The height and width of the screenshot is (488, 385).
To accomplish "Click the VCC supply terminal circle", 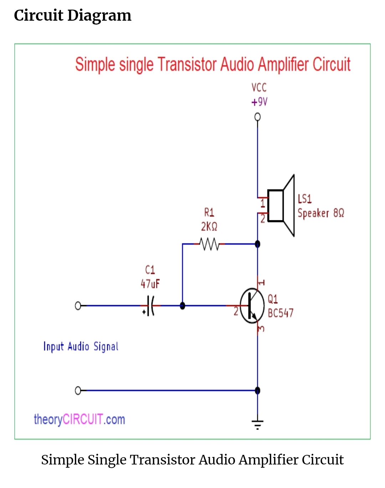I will [257, 117].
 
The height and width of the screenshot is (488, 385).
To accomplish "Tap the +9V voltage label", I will [259, 102].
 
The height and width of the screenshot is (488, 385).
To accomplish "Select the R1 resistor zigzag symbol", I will [209, 244].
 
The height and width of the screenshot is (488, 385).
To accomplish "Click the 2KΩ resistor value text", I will [209, 227].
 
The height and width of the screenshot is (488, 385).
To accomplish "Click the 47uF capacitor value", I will [150, 284].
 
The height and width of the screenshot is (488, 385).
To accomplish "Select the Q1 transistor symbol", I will [252, 306].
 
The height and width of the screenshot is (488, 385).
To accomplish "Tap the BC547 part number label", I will [281, 313].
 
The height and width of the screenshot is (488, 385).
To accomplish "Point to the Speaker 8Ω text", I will [321, 213].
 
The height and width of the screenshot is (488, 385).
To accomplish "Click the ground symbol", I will [257, 424].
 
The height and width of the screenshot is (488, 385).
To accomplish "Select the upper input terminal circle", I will [78, 306].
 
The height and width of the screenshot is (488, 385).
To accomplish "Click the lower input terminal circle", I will [78, 391].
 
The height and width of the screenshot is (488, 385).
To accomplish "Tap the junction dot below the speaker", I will [258, 244].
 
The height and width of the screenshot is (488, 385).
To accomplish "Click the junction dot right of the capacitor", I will [183, 306].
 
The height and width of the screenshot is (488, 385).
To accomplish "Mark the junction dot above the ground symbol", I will [258, 391].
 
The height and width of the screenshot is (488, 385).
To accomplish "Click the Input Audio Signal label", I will [81, 346].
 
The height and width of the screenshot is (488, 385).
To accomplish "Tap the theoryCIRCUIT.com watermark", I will [79, 420].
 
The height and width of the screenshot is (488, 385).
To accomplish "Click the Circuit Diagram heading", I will [73, 16].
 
